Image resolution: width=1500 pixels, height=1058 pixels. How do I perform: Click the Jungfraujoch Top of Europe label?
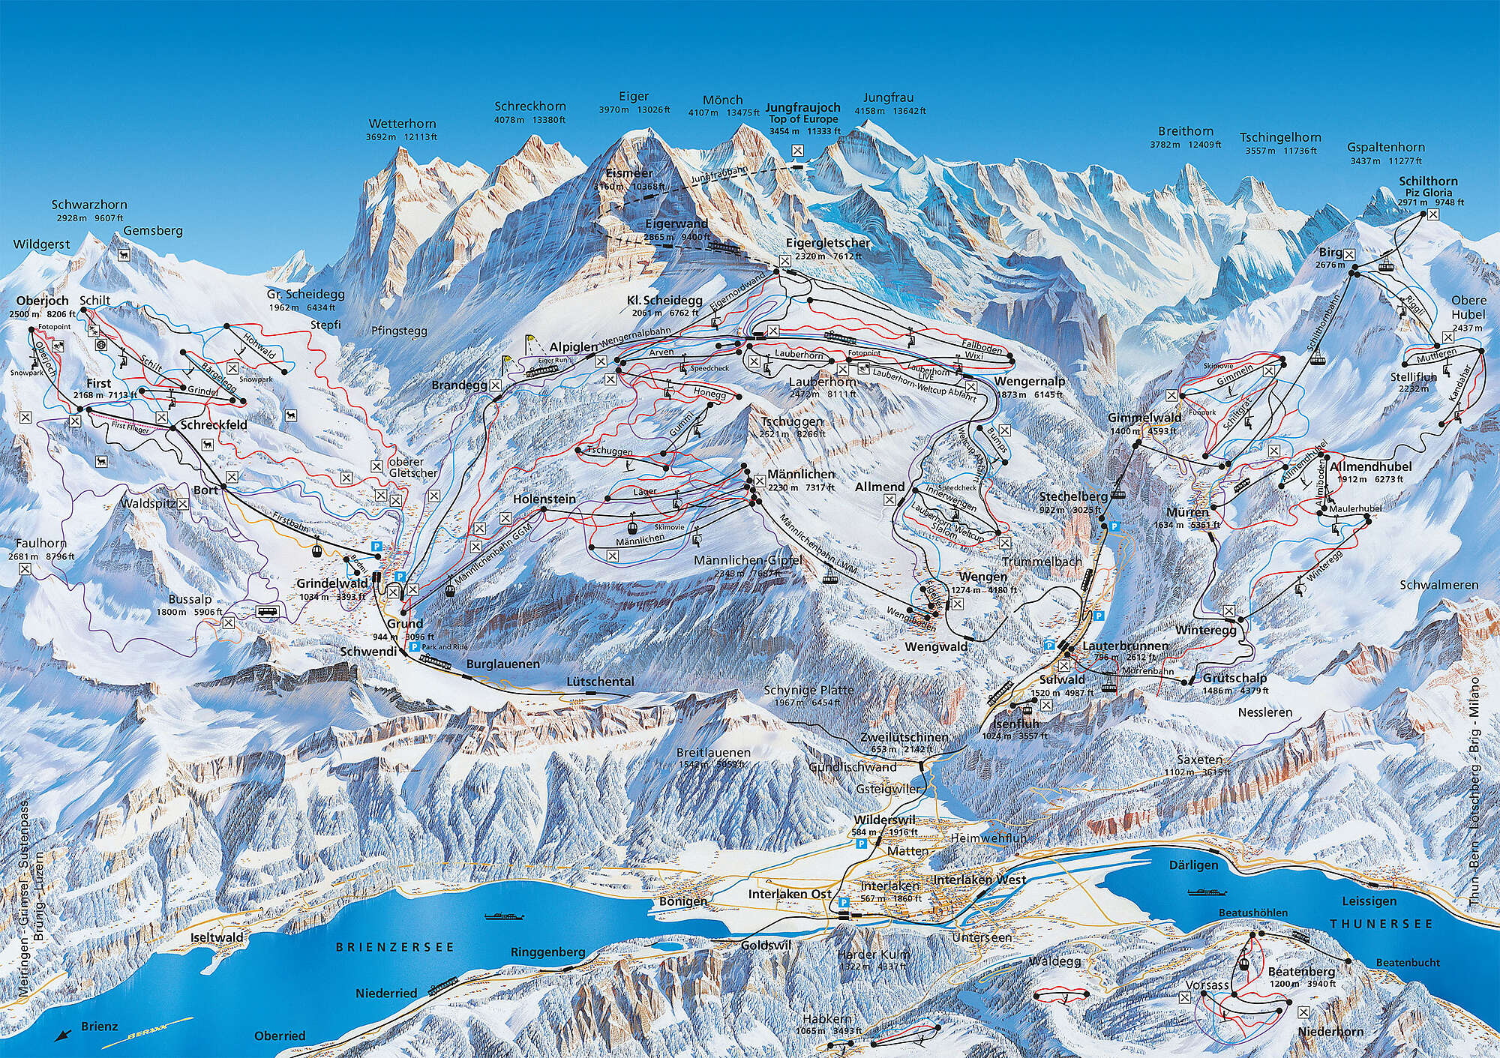[803, 113]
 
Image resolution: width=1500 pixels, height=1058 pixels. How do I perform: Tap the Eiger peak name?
[634, 97]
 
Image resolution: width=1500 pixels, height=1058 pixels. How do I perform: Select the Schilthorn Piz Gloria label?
[1428, 187]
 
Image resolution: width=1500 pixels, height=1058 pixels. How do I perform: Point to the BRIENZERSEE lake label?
[394, 947]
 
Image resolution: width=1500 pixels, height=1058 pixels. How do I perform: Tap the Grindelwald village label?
[331, 583]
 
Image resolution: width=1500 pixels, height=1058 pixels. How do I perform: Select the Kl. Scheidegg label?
[657, 301]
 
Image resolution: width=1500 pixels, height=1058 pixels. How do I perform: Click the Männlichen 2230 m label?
[800, 475]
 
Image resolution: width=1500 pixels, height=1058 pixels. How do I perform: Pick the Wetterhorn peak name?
[400, 124]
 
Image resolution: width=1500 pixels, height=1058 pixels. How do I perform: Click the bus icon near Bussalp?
[267, 611]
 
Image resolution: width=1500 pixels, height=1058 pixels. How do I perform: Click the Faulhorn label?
[37, 544]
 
